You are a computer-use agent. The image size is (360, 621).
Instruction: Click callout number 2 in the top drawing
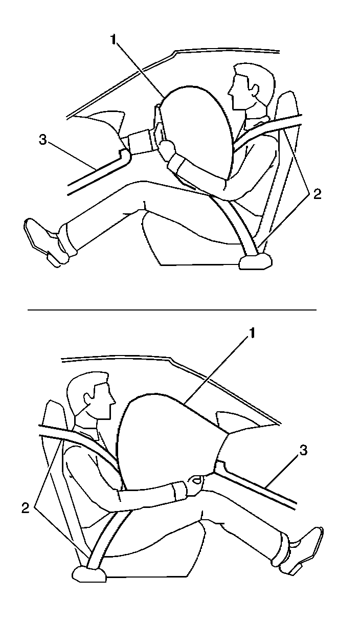click(x=318, y=194)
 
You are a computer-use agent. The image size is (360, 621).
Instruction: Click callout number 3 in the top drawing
click(x=43, y=139)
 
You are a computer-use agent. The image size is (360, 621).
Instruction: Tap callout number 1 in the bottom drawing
click(x=251, y=333)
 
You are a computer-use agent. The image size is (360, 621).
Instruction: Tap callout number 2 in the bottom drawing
click(x=25, y=507)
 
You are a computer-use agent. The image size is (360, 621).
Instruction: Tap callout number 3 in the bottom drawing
click(x=304, y=451)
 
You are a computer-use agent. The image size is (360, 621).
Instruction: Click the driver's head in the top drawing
click(x=247, y=87)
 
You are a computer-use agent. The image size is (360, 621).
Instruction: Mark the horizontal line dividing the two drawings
click(x=172, y=310)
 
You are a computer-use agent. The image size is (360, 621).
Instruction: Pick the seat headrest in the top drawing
click(x=287, y=107)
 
